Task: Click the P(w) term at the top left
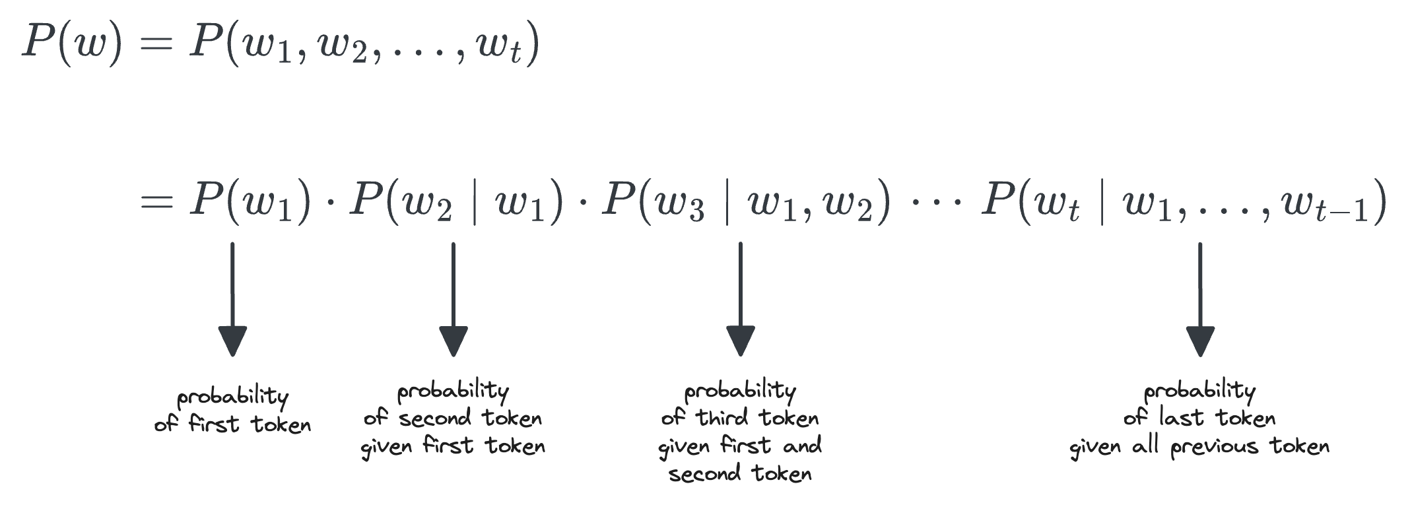pos(71,44)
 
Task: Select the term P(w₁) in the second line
pos(250,201)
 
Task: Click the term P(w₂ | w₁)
pos(456,201)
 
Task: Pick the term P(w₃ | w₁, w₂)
pos(746,201)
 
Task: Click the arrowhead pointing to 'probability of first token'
pos(232,341)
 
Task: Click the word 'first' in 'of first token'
pos(213,423)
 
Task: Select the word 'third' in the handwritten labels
pos(722,418)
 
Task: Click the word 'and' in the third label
pos(802,446)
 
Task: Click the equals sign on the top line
pos(156,46)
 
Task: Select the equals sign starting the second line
pos(156,201)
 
